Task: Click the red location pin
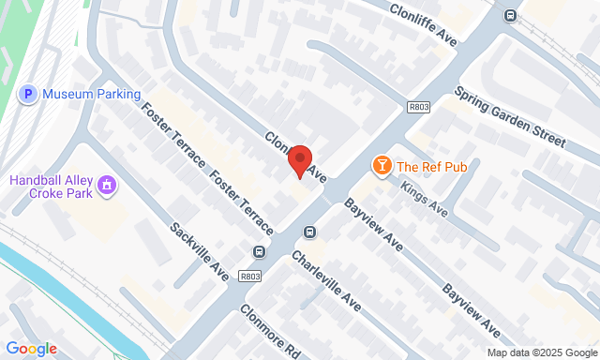pyautogui.click(x=300, y=159)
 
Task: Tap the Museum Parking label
pyautogui.click(x=92, y=94)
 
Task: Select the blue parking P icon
pyautogui.click(x=28, y=94)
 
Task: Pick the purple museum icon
pyautogui.click(x=108, y=185)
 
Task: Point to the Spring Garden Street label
pyautogui.click(x=510, y=117)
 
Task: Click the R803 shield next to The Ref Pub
pyautogui.click(x=418, y=108)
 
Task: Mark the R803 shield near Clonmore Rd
pyautogui.click(x=248, y=276)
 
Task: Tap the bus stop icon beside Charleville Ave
pyautogui.click(x=308, y=232)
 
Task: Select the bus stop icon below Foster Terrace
pyautogui.click(x=259, y=251)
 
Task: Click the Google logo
pyautogui.click(x=31, y=349)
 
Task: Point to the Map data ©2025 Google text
pyautogui.click(x=540, y=353)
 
